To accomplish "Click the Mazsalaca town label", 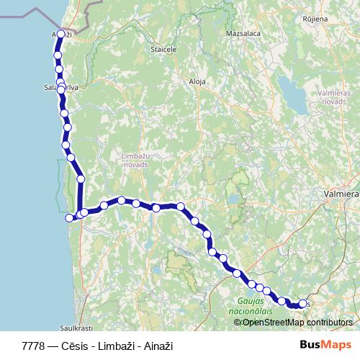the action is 242,34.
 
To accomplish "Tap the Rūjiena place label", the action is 315,19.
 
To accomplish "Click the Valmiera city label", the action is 341,194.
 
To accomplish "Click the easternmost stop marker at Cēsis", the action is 302,304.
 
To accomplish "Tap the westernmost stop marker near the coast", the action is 70,217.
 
